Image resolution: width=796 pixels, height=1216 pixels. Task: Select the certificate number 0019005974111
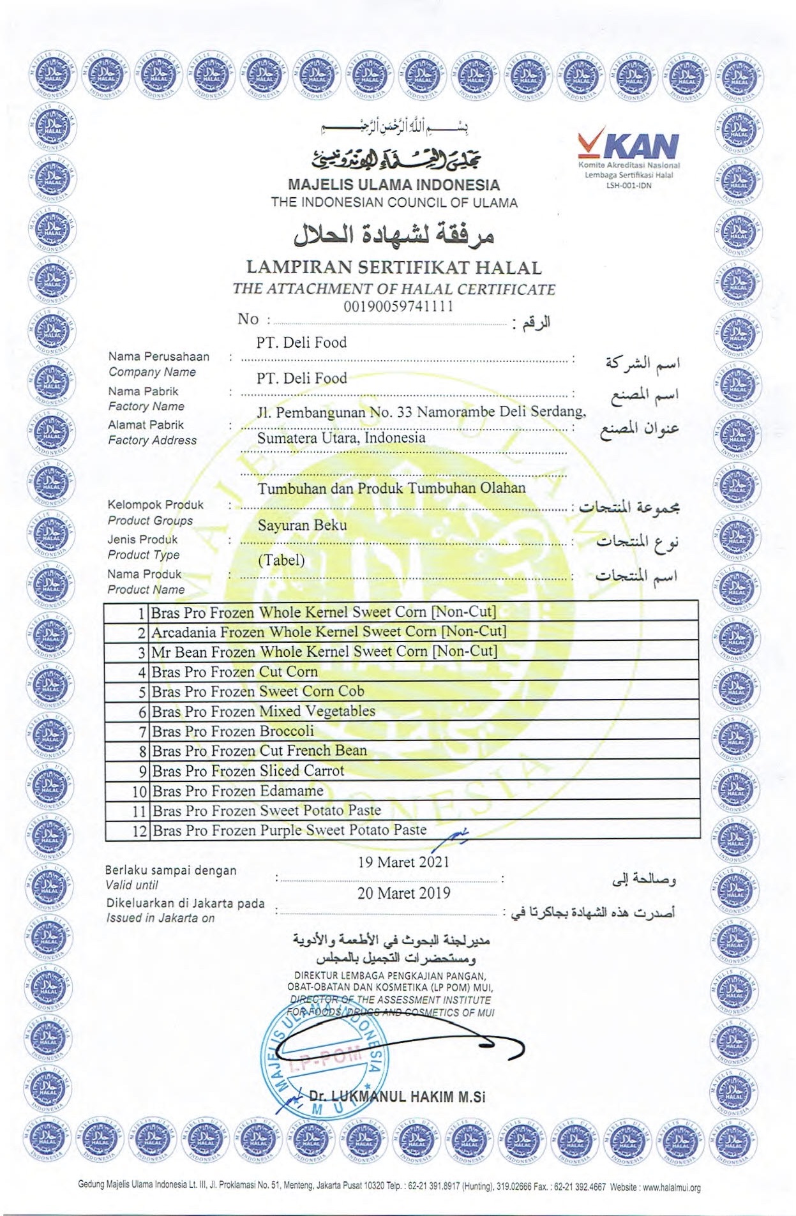coord(398,306)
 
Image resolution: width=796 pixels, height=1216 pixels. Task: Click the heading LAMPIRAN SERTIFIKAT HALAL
coord(393,267)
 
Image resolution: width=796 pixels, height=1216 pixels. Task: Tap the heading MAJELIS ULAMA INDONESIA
coord(393,185)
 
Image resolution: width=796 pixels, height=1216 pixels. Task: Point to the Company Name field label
coord(152,372)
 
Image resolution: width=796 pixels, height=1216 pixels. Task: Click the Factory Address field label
coord(152,440)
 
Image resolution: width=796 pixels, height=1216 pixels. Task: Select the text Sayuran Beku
coord(303,525)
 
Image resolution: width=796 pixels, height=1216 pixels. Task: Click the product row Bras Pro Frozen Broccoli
coord(233,731)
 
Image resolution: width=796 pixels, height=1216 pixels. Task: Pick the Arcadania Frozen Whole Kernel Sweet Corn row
coord(329,632)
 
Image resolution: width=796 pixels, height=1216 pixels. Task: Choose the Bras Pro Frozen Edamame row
coord(237,791)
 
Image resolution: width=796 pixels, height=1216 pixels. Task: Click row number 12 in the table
coord(140,830)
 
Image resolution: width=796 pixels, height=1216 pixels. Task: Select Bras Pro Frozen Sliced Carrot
coord(248,771)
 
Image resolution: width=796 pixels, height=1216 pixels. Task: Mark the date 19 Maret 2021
coord(403,862)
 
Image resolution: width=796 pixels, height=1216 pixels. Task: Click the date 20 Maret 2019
coord(403,893)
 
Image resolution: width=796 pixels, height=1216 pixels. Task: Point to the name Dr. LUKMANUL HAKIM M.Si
coord(397,1097)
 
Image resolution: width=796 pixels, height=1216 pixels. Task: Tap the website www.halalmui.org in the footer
coord(672,1188)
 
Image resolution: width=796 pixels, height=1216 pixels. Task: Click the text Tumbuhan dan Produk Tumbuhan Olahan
coord(391,488)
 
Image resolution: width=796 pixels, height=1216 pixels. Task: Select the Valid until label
coord(131,885)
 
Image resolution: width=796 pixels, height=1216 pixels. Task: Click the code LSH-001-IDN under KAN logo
coord(628,185)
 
